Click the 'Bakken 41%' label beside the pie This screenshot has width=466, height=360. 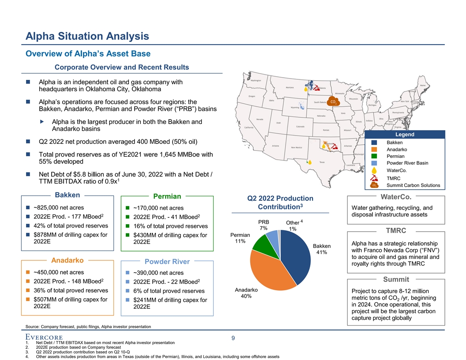tap(322, 249)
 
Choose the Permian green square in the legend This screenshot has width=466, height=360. tap(374, 156)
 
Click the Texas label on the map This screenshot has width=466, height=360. tap(323, 162)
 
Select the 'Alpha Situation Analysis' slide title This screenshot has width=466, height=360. tap(87, 36)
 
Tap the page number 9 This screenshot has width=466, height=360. tap(233, 338)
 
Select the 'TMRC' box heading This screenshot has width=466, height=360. tap(396, 231)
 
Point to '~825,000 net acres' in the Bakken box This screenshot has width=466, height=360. tap(61, 207)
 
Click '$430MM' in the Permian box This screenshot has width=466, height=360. tap(145, 235)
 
